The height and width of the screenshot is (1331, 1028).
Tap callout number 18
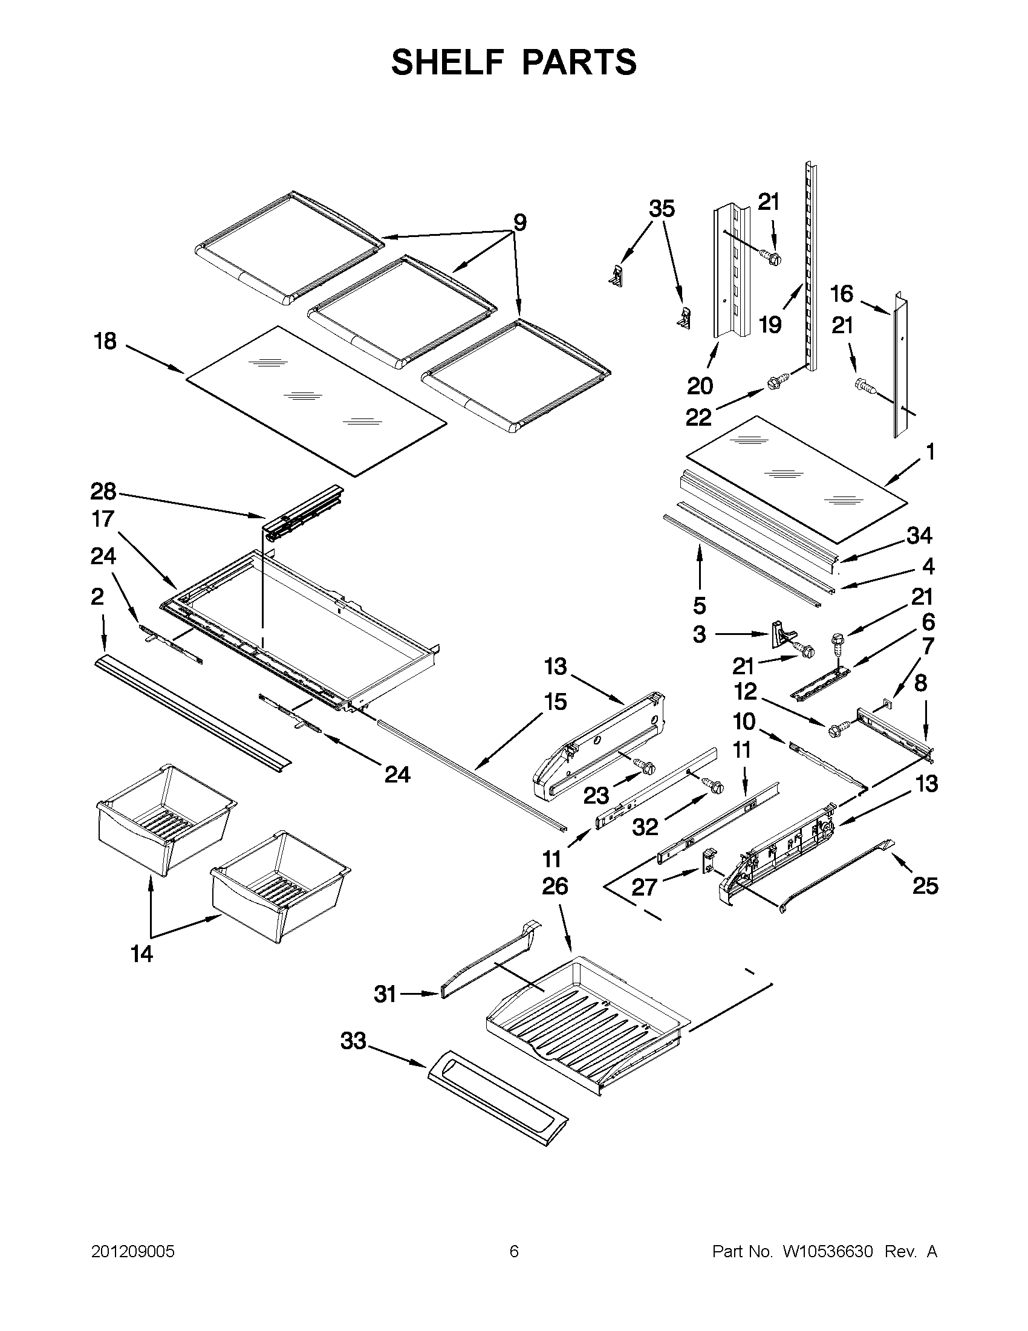(x=105, y=341)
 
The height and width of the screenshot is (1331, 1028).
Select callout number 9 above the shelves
(x=519, y=223)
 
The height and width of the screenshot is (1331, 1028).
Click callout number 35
(x=662, y=209)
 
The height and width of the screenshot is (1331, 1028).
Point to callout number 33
(x=353, y=1041)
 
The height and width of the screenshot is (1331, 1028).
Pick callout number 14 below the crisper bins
(x=142, y=954)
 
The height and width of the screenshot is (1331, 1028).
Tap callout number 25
(x=925, y=885)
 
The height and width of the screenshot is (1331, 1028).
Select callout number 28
(x=103, y=490)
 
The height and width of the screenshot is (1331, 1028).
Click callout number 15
(x=555, y=701)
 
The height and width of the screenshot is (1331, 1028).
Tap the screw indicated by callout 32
(x=713, y=786)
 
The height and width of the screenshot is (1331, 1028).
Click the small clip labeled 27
(x=709, y=861)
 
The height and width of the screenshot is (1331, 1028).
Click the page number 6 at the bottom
(x=513, y=1252)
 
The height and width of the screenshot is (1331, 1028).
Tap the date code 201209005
(x=133, y=1252)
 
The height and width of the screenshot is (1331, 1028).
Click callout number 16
(x=842, y=295)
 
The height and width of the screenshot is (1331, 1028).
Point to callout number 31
(x=385, y=995)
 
